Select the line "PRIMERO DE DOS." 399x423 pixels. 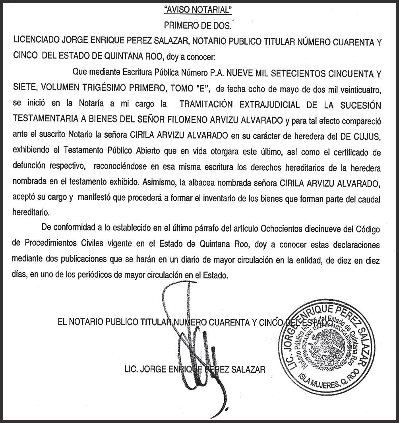pos(198,25)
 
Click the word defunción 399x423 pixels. pos(31,168)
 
